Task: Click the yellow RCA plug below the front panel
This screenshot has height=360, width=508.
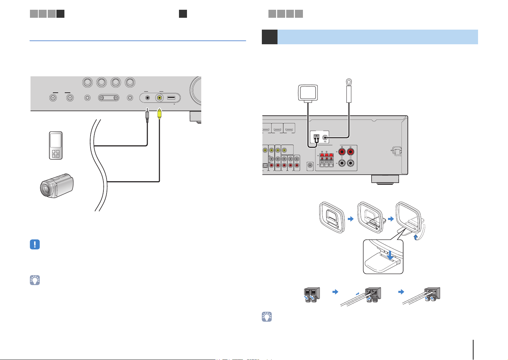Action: (159, 114)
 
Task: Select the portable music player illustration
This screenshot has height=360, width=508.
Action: (56, 145)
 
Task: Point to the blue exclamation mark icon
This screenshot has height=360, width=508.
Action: (35, 244)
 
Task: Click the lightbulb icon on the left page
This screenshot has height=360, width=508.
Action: (35, 280)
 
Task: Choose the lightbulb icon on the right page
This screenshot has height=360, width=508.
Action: (267, 316)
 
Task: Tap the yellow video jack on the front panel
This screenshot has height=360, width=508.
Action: (159, 98)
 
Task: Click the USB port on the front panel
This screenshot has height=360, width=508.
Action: (172, 98)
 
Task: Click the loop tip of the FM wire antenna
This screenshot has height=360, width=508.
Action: (349, 83)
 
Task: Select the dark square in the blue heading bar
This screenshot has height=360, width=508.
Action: (269, 37)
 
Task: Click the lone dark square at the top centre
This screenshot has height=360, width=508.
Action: (183, 14)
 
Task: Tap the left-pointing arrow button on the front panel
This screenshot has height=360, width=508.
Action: (53, 98)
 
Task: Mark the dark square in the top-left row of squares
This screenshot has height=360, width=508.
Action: (61, 14)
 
